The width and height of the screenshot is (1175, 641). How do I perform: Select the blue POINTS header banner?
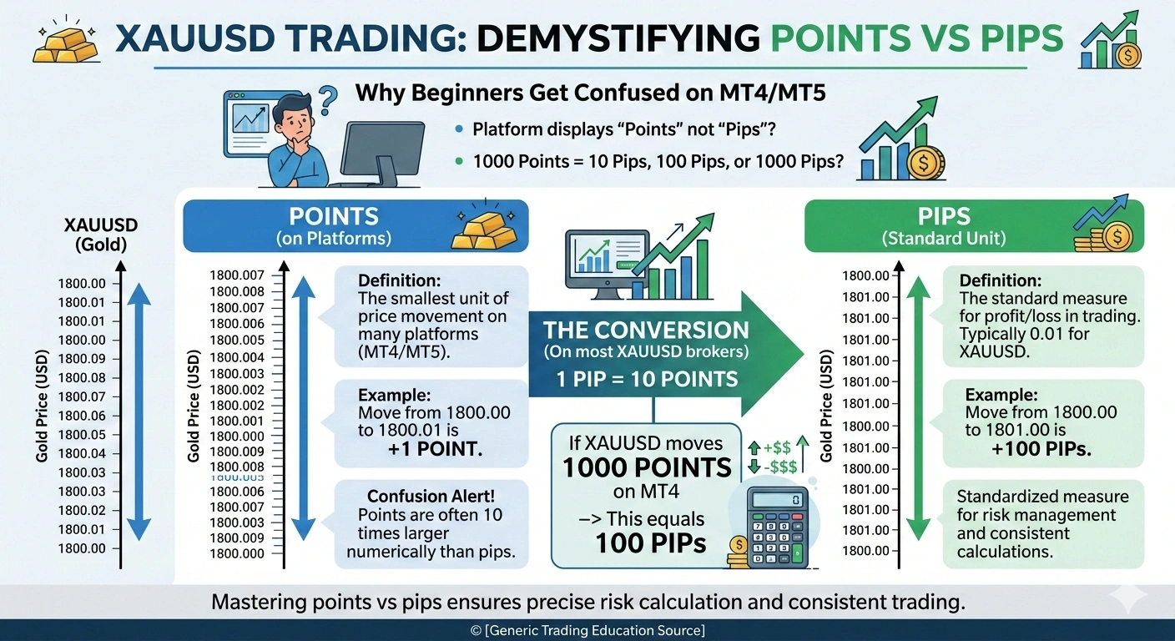pyautogui.click(x=355, y=225)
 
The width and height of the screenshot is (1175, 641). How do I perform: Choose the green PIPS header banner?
pyautogui.click(x=973, y=225)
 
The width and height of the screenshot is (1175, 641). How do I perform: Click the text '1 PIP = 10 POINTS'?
pyautogui.click(x=647, y=380)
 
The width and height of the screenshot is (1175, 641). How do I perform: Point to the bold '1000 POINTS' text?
pyautogui.click(x=647, y=467)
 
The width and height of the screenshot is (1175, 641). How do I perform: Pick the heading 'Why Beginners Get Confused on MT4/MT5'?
pyautogui.click(x=591, y=93)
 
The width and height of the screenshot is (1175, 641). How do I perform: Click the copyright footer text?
pyautogui.click(x=587, y=630)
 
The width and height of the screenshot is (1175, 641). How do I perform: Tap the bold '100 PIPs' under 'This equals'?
pyautogui.click(x=650, y=543)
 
